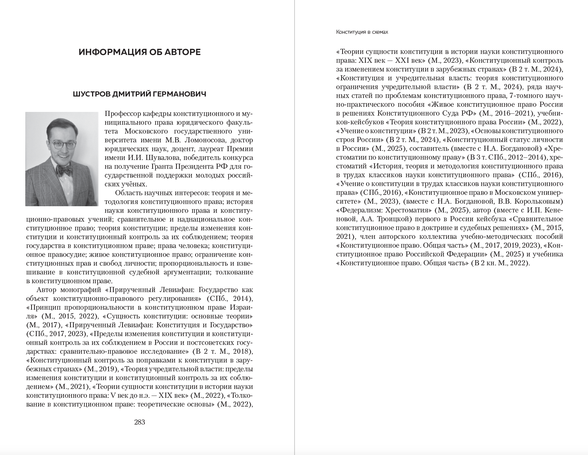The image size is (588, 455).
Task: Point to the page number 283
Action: [140, 422]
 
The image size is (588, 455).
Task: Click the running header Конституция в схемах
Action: [362, 32]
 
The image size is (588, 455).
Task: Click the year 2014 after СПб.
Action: [242, 298]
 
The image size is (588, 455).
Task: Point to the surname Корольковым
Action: [539, 201]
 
